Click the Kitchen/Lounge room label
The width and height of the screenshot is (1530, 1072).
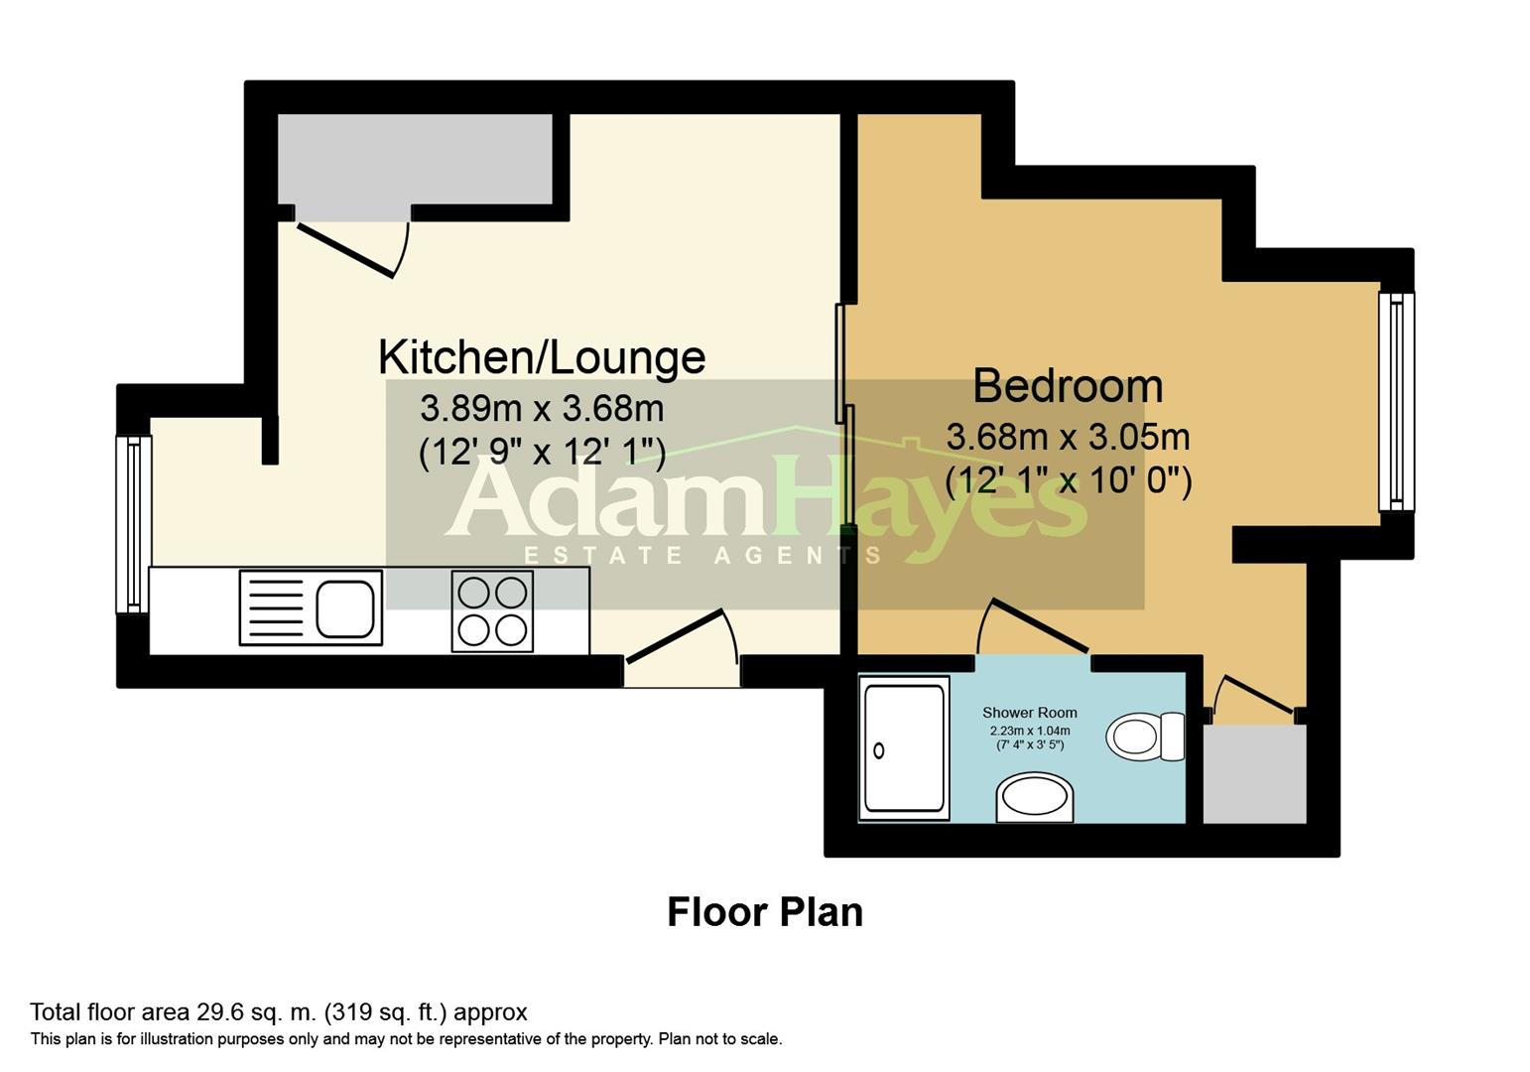point(542,357)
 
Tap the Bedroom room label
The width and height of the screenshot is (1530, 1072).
point(1068,386)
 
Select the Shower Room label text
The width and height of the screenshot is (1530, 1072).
point(1029,713)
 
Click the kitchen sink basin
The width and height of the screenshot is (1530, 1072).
point(346,607)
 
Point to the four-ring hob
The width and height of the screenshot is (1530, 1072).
point(492,610)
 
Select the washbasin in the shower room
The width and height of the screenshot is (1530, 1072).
point(1034,798)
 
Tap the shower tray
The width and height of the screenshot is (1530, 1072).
point(903,748)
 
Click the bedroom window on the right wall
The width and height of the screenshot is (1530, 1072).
point(1395,402)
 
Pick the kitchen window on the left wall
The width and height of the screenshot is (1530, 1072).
point(133,524)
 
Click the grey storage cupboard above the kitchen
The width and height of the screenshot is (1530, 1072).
point(414,159)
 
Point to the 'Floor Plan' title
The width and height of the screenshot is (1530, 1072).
point(764,912)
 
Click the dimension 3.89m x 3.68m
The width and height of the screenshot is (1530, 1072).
point(542,408)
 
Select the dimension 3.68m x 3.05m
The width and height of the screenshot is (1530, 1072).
point(1068,437)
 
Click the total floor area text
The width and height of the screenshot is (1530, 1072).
point(279,1012)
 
